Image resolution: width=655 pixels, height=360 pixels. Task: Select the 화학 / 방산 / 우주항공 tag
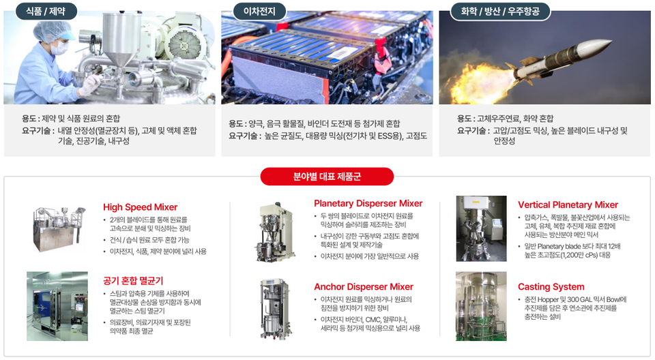499,11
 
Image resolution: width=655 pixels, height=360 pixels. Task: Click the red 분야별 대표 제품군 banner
327,177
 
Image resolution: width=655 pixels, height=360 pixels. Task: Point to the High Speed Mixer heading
140,207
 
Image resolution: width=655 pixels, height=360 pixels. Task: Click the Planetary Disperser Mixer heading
368,203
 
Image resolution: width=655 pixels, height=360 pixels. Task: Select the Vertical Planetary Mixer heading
568,205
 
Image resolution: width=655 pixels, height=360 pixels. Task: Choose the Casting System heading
551,286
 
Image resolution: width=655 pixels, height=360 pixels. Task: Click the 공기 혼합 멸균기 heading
133,280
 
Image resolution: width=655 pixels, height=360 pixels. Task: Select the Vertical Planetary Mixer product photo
481,228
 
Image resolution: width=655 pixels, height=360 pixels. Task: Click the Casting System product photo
481,306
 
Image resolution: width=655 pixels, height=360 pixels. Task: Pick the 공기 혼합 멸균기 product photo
57,305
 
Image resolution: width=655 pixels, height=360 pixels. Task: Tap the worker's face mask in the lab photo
60,48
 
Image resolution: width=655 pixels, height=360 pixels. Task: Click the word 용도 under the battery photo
236,123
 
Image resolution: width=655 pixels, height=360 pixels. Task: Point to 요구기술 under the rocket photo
473,130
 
